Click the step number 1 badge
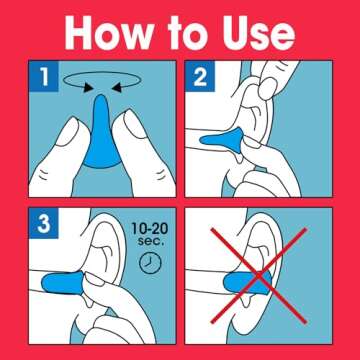click(x=44, y=76)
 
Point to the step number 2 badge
click(x=200, y=76)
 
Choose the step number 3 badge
click(x=44, y=224)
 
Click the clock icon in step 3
click(x=150, y=263)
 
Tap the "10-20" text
click(x=150, y=229)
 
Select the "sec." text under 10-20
click(x=151, y=241)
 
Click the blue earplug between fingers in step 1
click(x=101, y=133)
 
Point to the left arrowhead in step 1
click(x=88, y=87)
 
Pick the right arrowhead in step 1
click(x=118, y=88)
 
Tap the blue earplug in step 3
click(x=63, y=282)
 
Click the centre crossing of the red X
click(x=259, y=275)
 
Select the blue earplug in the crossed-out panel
click(x=247, y=283)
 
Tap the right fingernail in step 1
click(x=133, y=124)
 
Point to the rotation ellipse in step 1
click(x=103, y=72)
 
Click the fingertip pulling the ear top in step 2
click(x=267, y=88)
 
